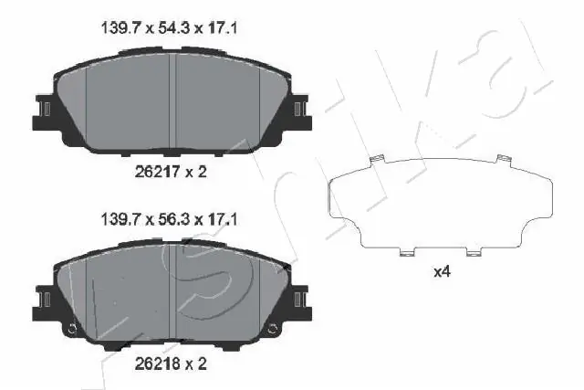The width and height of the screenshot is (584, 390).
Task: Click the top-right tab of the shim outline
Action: [500, 162]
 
